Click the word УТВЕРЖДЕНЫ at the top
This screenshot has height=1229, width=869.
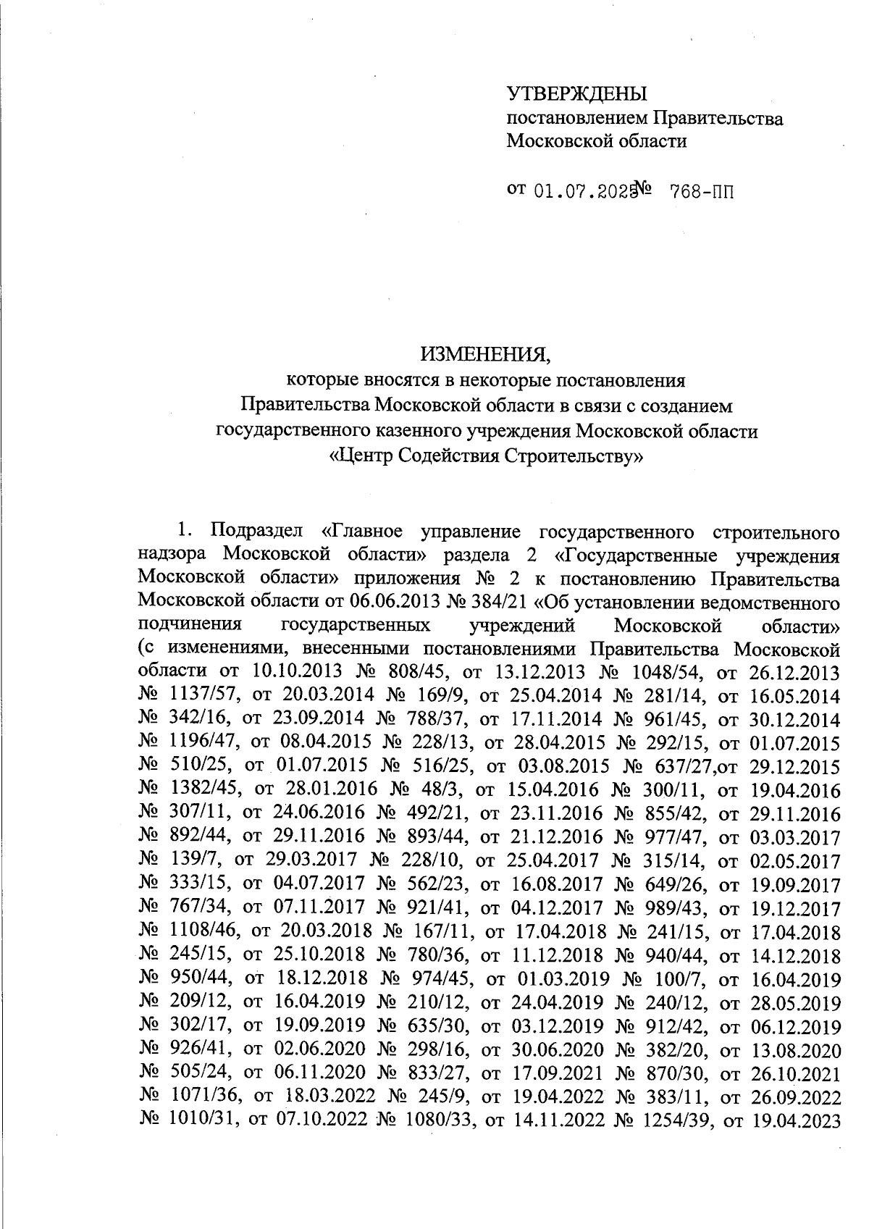(x=576, y=93)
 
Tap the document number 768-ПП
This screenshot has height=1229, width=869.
(x=702, y=191)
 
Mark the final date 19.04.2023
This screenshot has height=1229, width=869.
(x=797, y=1120)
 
